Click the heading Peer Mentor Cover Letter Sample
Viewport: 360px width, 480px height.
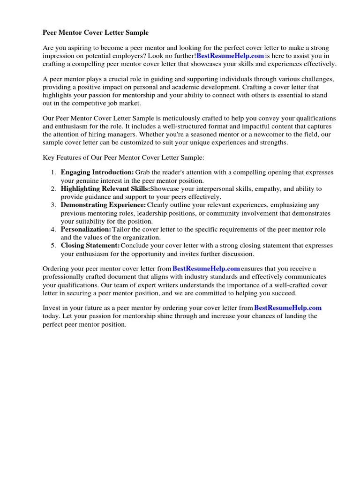(96, 33)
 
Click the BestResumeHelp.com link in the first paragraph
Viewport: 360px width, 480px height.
(230, 56)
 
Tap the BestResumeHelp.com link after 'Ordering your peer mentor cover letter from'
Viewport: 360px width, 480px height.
(206, 269)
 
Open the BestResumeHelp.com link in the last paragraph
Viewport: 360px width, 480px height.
(288, 308)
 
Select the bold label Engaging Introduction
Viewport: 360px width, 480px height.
(97, 172)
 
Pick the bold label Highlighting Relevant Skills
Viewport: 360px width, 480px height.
(105, 189)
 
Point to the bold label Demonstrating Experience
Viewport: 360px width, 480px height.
(103, 205)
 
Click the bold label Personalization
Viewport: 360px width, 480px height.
(86, 230)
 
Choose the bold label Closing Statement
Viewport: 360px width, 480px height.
(90, 246)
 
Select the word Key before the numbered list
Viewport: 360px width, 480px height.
(49, 158)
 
